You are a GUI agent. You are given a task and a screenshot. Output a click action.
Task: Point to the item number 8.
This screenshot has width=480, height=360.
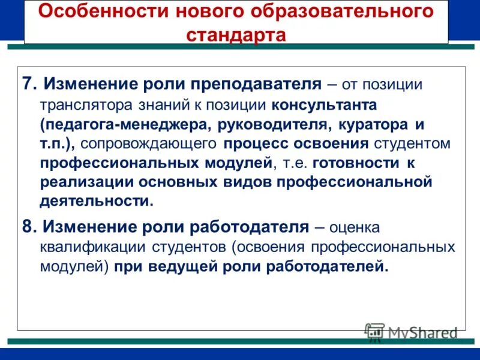click(29, 227)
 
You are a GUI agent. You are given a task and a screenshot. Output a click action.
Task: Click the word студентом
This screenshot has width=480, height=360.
click(414, 144)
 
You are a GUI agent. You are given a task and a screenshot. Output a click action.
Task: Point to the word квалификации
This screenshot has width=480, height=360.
click(84, 247)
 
